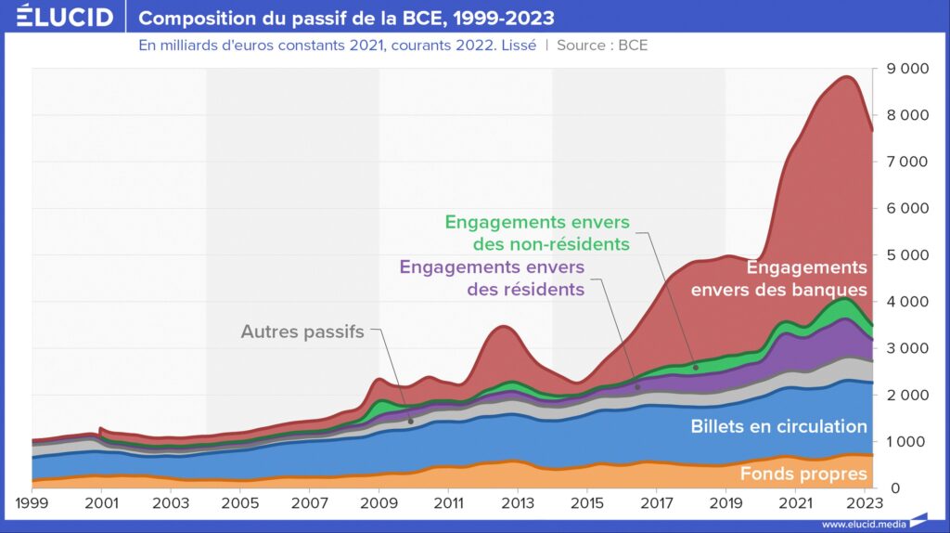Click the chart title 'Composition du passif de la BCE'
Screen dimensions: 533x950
tap(346, 19)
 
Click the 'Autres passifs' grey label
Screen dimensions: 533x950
tap(302, 331)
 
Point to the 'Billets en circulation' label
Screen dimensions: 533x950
tap(778, 427)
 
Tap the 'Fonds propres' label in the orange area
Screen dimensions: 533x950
tap(803, 474)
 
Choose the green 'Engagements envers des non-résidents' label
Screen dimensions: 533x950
tap(537, 233)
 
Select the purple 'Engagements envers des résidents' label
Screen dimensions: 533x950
tap(492, 278)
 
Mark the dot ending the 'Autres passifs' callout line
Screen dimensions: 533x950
tap(411, 421)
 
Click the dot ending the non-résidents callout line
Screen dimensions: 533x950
tap(696, 367)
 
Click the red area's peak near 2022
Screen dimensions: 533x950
tap(846, 78)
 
